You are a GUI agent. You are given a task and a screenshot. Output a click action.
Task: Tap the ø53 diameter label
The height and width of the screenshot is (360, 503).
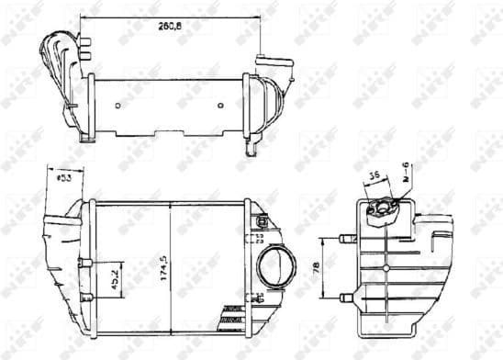[65, 177]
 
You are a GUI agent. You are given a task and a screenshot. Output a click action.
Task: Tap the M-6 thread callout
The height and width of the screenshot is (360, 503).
[406, 171]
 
